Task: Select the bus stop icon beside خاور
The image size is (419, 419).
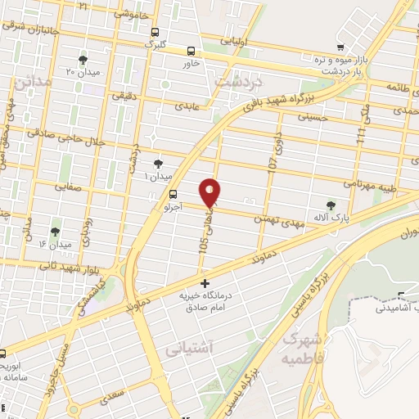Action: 191,50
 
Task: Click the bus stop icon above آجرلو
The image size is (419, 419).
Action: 172,194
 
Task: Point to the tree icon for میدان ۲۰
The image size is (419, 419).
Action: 83,60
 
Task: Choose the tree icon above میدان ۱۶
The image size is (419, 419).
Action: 55,232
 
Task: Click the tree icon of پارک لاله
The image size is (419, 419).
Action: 331,205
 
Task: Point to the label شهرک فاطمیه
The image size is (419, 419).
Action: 300,348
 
